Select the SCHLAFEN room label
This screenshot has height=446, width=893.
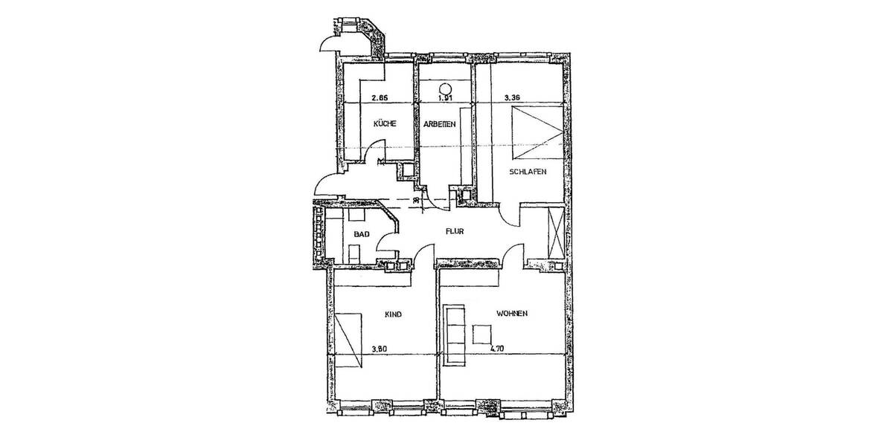[528, 171]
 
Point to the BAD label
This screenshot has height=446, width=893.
[362, 234]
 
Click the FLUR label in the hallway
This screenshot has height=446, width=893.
[455, 231]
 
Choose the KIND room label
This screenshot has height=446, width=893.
[393, 314]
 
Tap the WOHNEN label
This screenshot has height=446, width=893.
[512, 314]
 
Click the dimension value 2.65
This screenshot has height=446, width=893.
[380, 97]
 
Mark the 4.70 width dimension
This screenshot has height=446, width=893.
[498, 346]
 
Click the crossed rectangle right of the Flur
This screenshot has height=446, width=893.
[554, 231]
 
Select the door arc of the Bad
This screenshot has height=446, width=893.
[387, 239]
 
